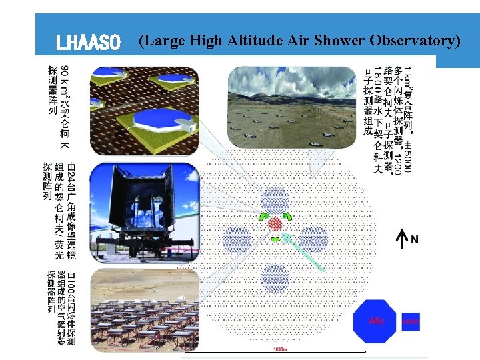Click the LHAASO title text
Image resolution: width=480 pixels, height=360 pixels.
88,44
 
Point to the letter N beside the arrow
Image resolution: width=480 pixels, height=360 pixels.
415,239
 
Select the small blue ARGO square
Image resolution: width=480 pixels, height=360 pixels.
411,321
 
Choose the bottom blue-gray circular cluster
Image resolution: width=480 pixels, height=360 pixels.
275,278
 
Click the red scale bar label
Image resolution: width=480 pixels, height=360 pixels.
280,349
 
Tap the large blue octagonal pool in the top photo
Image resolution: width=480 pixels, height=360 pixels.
163,121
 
